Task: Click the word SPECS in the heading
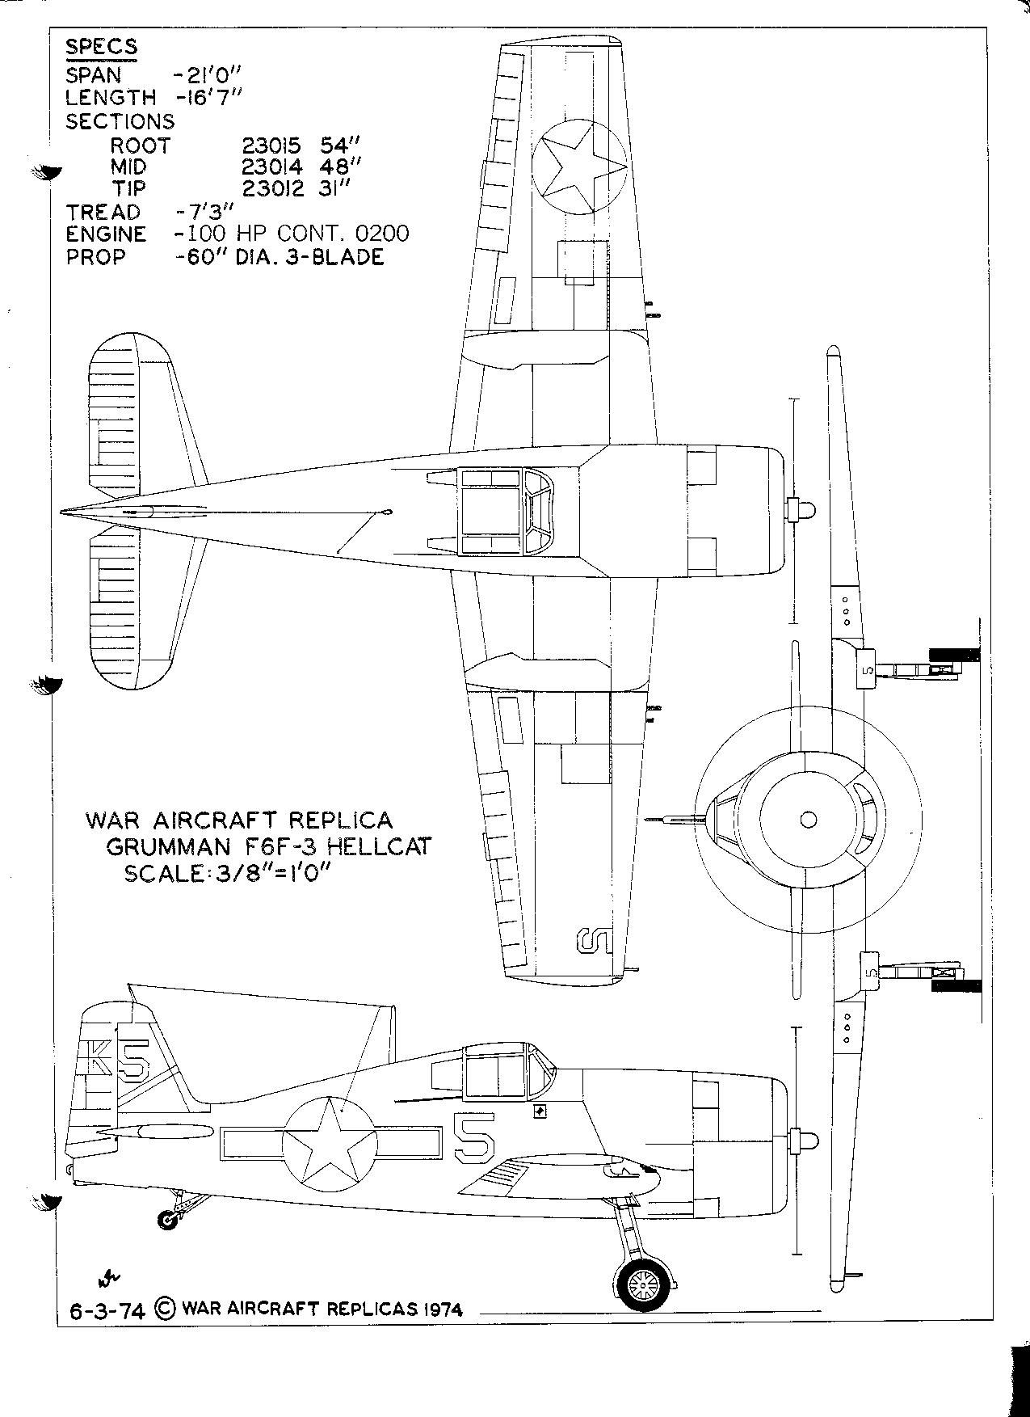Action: coord(101,47)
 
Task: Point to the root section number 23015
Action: coord(271,145)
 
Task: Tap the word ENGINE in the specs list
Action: coord(106,234)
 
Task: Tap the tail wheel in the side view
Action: coord(168,1220)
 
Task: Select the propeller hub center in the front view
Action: coord(808,820)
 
